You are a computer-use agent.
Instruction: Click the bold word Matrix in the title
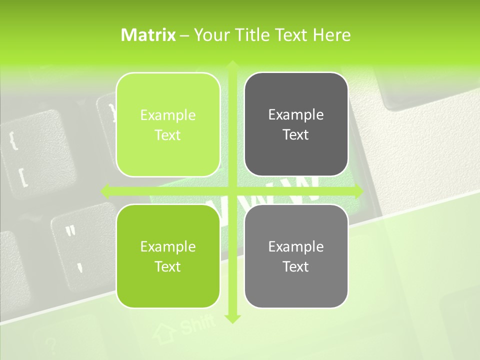coord(148,35)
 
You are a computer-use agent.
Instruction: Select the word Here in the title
coord(332,35)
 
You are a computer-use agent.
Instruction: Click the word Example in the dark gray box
coord(296,115)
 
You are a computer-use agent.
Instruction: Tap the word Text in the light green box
coord(168,135)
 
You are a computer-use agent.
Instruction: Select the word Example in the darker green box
coord(168,246)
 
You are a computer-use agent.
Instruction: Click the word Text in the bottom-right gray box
coord(296,267)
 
